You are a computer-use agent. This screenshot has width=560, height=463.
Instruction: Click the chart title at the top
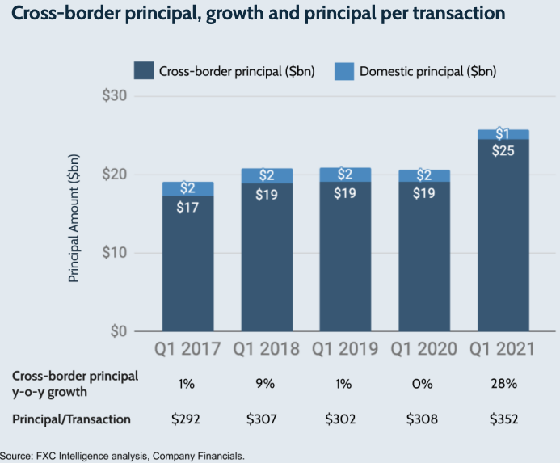coord(259,15)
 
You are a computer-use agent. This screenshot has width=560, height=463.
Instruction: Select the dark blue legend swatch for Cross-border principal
coord(143,71)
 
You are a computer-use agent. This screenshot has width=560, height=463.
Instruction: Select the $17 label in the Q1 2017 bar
coord(187,205)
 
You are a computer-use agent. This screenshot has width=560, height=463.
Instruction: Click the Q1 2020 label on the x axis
coord(424,350)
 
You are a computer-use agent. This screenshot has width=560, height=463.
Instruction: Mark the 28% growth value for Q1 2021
coord(503,384)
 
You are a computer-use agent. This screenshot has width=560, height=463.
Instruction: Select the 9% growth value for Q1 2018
coord(267,384)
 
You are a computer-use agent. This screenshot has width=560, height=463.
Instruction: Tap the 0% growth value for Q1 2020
coord(424,384)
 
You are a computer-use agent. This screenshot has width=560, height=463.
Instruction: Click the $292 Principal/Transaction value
coord(187,419)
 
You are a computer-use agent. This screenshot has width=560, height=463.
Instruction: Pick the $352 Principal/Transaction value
coord(503,419)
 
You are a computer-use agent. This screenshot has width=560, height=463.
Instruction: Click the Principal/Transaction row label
coord(71,419)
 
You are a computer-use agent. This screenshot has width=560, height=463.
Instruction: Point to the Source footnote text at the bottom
coord(121,456)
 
